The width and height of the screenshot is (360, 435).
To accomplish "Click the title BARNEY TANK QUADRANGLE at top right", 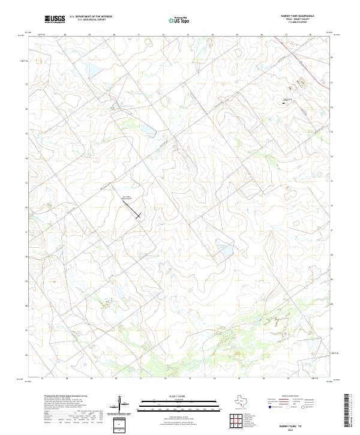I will point(298,16).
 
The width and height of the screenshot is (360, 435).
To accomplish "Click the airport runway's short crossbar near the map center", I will point(139,215).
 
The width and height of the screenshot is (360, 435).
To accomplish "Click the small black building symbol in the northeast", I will point(283,103).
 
